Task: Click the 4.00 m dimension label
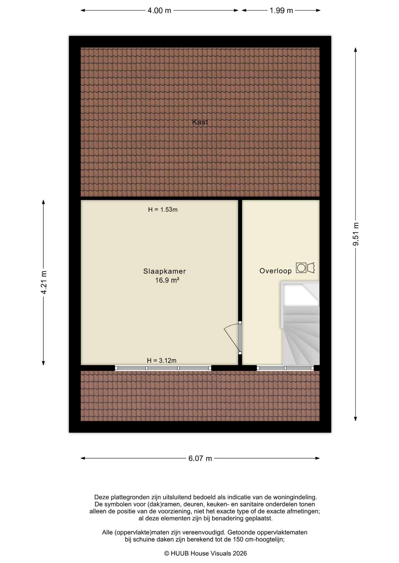point(159,11)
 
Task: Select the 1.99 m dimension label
point(281,11)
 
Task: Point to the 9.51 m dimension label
point(356,234)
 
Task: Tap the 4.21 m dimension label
point(44,282)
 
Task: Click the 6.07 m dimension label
point(200,458)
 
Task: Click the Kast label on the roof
point(200,122)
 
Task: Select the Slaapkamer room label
point(165,271)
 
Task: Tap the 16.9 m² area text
point(167,280)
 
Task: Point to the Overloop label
point(276,271)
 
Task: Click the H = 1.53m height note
point(163,210)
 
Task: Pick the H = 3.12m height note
point(162,360)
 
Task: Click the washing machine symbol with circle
point(301,268)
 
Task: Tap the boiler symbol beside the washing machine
point(311,268)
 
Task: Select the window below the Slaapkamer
point(163,368)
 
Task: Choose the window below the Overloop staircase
point(285,368)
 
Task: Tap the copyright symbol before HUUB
point(167,553)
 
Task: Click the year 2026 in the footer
point(240,553)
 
